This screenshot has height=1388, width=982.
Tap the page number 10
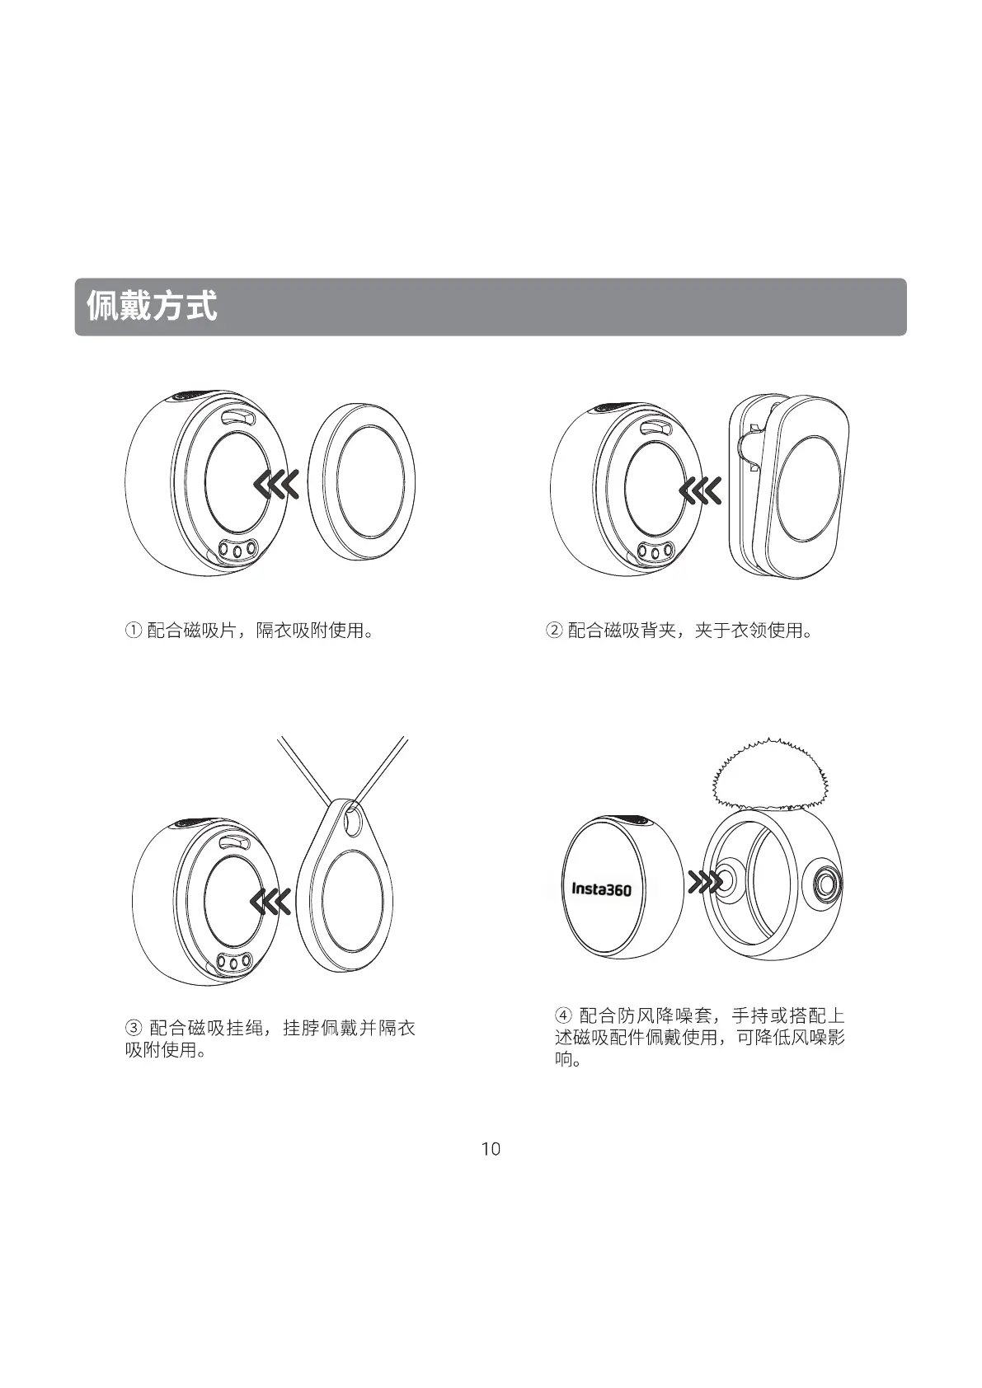491,1149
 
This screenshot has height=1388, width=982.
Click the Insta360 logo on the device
601,889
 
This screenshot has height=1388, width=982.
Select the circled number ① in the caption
133,631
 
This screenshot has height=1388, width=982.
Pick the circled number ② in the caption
554,631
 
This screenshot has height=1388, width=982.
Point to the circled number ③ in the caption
134,1028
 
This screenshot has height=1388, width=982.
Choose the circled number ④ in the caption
564,1015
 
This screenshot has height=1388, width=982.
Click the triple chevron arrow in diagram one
276,486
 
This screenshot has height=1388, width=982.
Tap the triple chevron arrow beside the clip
700,492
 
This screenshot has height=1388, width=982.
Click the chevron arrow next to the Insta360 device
706,883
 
